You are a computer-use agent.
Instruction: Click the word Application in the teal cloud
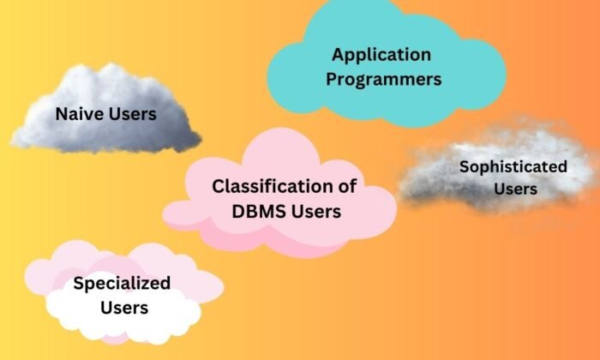(x=381, y=56)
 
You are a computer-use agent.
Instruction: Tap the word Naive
(x=80, y=114)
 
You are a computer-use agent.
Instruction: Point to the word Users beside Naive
(x=132, y=114)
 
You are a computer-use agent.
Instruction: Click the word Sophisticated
(x=513, y=167)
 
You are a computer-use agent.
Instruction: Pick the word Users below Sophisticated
(x=515, y=189)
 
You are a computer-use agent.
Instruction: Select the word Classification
(x=270, y=186)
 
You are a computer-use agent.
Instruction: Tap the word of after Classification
(x=345, y=186)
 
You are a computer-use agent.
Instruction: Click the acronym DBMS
(x=257, y=212)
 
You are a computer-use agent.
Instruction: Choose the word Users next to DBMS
(x=315, y=212)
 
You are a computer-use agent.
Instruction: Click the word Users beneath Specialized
(x=124, y=308)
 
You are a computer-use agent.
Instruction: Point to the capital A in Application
(x=339, y=54)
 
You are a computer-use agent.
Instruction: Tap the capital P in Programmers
(x=332, y=79)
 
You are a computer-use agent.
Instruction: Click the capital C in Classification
(x=219, y=186)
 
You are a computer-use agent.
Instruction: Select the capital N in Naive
(x=63, y=114)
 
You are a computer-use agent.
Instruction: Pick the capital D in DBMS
(x=238, y=212)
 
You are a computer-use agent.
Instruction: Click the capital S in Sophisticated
(x=465, y=167)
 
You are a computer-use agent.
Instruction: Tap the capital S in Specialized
(x=79, y=284)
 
